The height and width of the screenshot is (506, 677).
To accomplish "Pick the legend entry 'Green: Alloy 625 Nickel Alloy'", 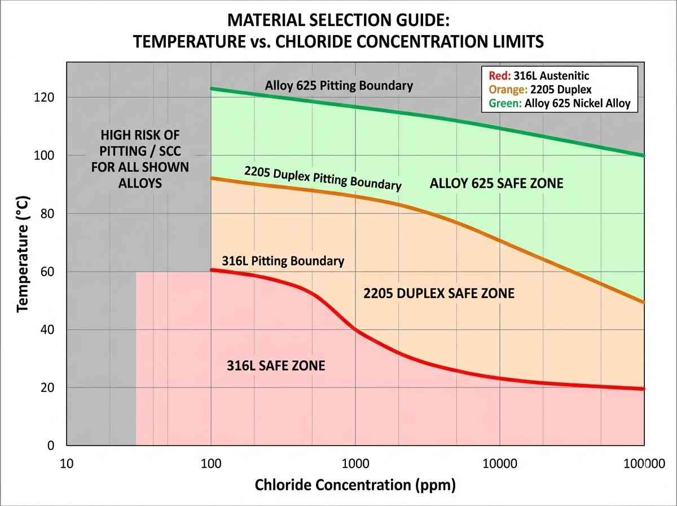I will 555,103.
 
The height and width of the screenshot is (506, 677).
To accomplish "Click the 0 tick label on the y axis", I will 51,446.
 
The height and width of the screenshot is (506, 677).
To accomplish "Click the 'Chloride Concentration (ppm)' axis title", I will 355,485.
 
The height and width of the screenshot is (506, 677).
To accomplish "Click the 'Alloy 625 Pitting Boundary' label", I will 338,86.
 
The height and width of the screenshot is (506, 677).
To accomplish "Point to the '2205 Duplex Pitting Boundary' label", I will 323,178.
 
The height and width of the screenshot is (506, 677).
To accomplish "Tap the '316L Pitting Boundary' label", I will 283,261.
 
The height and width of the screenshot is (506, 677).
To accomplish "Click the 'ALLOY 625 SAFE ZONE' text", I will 496,184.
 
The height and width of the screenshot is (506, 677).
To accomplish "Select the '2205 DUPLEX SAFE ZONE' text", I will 438,293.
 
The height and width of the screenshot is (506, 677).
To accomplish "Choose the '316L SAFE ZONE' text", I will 276,365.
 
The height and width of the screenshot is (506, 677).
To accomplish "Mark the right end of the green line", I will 644,155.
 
